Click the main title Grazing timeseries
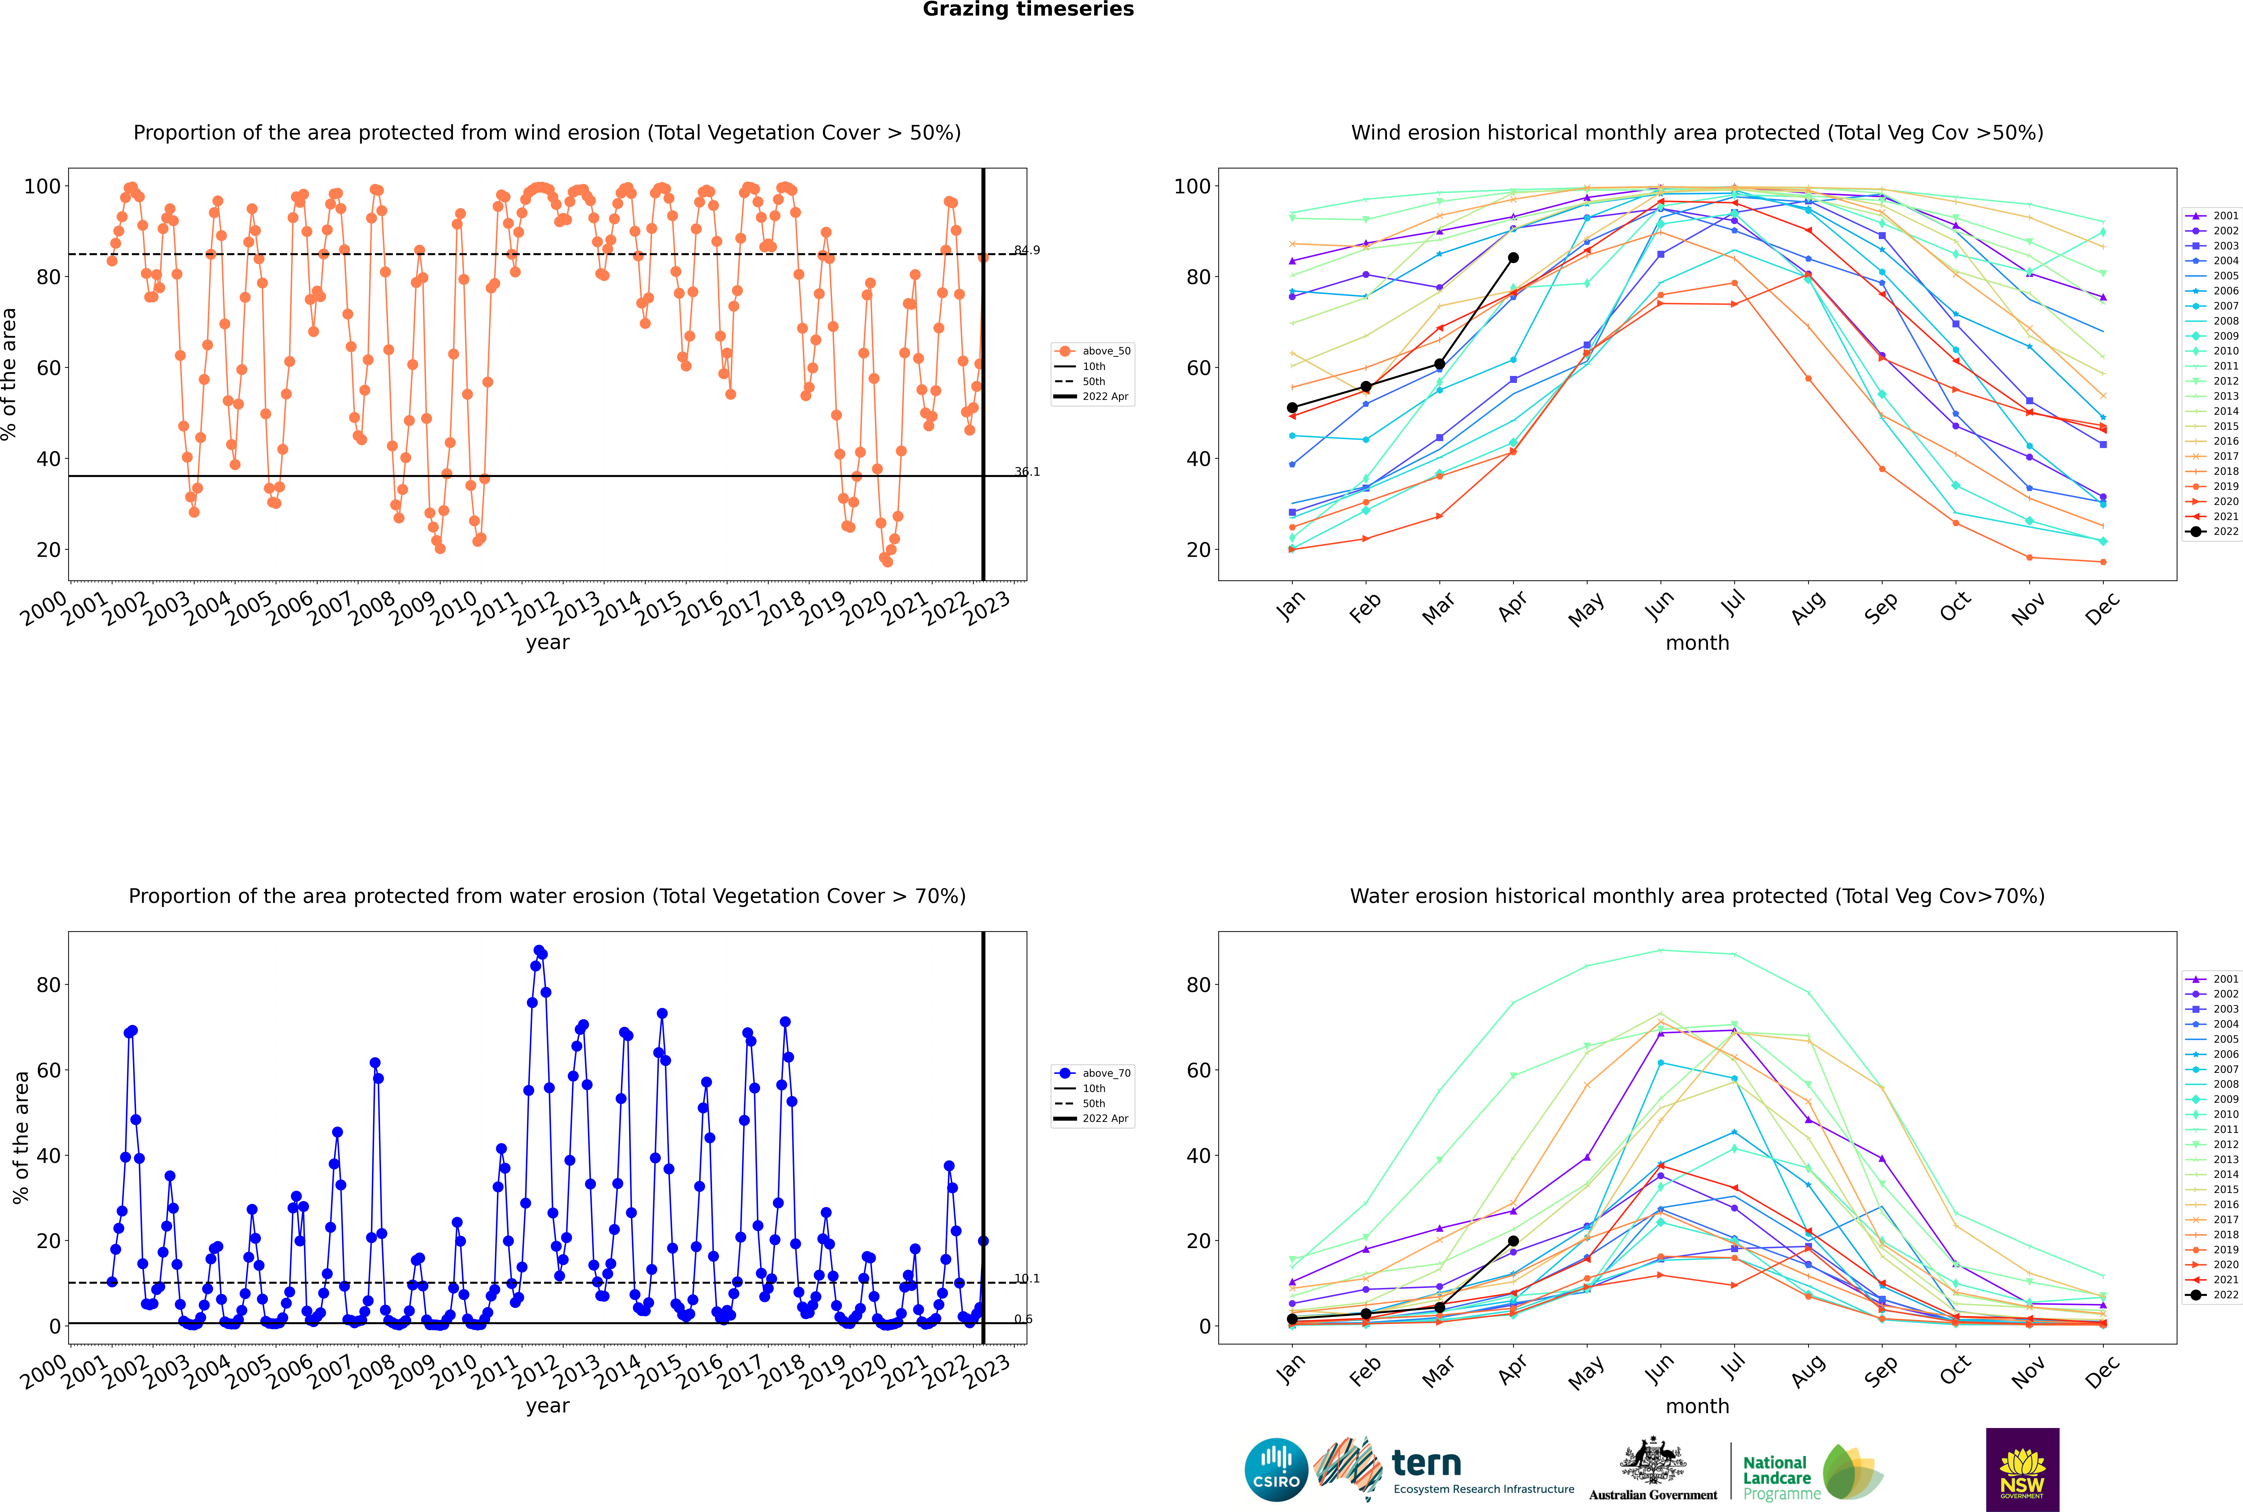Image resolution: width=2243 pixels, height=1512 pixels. pos(1028,10)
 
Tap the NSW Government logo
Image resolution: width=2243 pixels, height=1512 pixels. pos(2022,1469)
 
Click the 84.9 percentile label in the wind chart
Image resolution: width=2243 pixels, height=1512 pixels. pos(1027,251)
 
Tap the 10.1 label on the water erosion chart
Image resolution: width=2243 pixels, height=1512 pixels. pos(1027,1279)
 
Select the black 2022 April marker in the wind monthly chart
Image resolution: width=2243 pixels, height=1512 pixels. pos(1513,258)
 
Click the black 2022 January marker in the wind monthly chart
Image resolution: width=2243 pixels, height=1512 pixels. pos(1292,408)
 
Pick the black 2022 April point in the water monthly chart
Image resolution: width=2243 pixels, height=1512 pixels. pos(1513,1241)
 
